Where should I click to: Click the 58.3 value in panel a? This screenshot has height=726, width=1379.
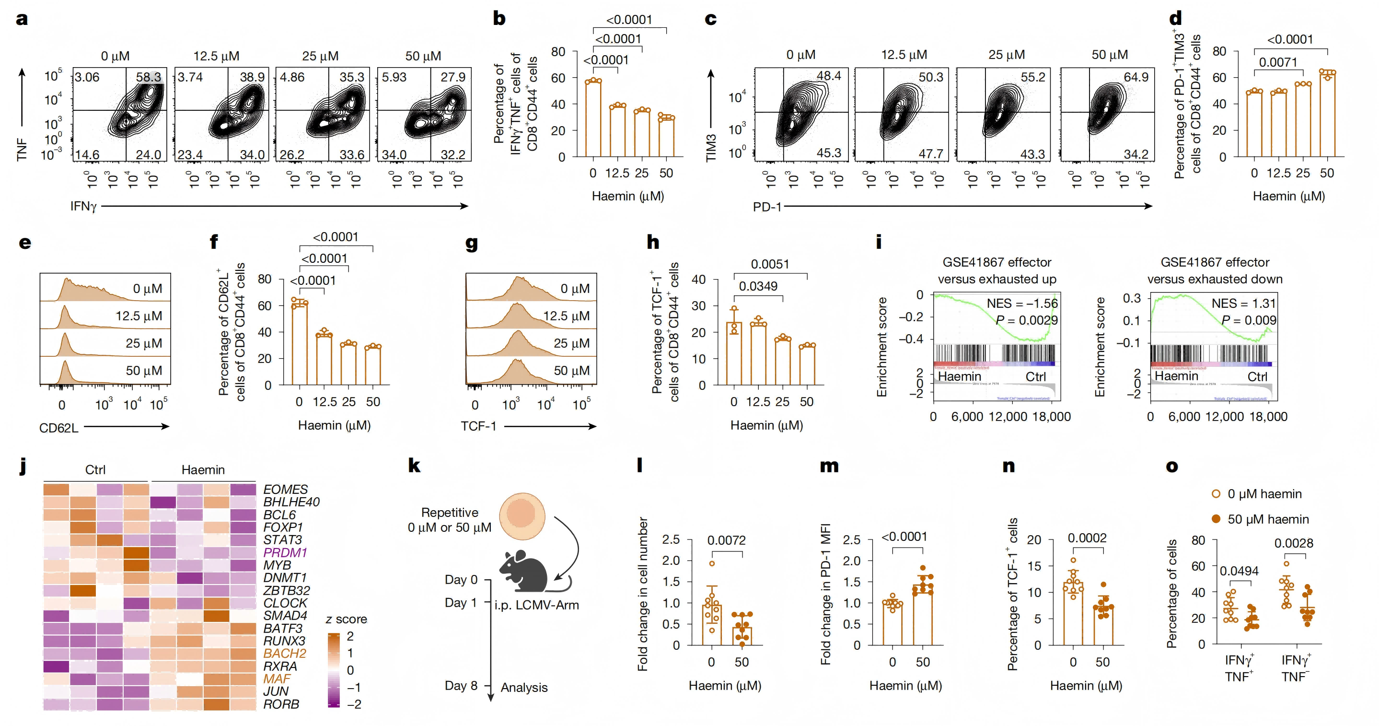(148, 77)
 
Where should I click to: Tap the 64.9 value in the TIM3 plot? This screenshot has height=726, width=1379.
(1136, 77)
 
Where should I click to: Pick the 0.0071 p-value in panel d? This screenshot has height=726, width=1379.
(1278, 63)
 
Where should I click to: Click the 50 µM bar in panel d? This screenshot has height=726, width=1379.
(1327, 115)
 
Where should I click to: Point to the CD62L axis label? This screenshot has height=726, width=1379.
(59, 428)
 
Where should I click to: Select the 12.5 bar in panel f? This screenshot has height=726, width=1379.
(324, 359)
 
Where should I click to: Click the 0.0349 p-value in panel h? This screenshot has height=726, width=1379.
(758, 286)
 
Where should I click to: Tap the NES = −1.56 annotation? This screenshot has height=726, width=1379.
(1022, 304)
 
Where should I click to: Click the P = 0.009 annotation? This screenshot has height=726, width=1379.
(1248, 320)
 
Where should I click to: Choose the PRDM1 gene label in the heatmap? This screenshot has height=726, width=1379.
(285, 552)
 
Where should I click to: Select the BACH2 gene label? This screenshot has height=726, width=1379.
(285, 653)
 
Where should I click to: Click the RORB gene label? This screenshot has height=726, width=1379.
(281, 704)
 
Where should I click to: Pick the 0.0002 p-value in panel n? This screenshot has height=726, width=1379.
(1087, 538)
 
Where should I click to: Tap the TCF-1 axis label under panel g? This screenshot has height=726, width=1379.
(478, 426)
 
